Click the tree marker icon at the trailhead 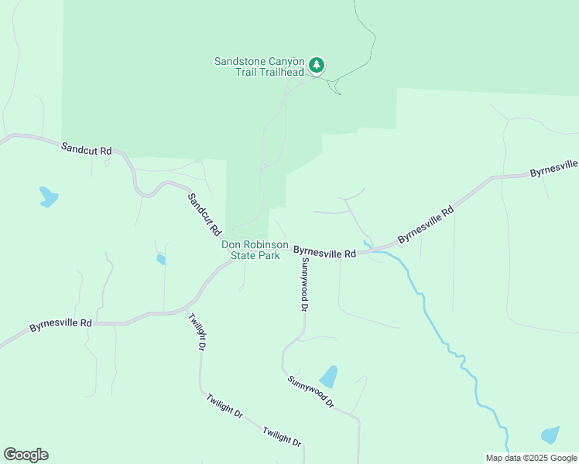316,65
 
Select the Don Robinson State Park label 250,250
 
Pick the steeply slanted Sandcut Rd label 205,214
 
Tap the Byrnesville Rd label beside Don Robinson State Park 324,251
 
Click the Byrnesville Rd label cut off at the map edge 554,168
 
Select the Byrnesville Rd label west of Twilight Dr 61,325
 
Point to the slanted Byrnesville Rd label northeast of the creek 425,224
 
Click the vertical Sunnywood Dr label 305,285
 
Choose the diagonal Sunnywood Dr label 310,392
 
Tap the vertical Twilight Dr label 197,331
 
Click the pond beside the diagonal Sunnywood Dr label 329,377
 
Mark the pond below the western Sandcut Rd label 48,196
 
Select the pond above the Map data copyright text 550,435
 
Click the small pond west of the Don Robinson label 161,260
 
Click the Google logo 26,455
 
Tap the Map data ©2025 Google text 531,458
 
